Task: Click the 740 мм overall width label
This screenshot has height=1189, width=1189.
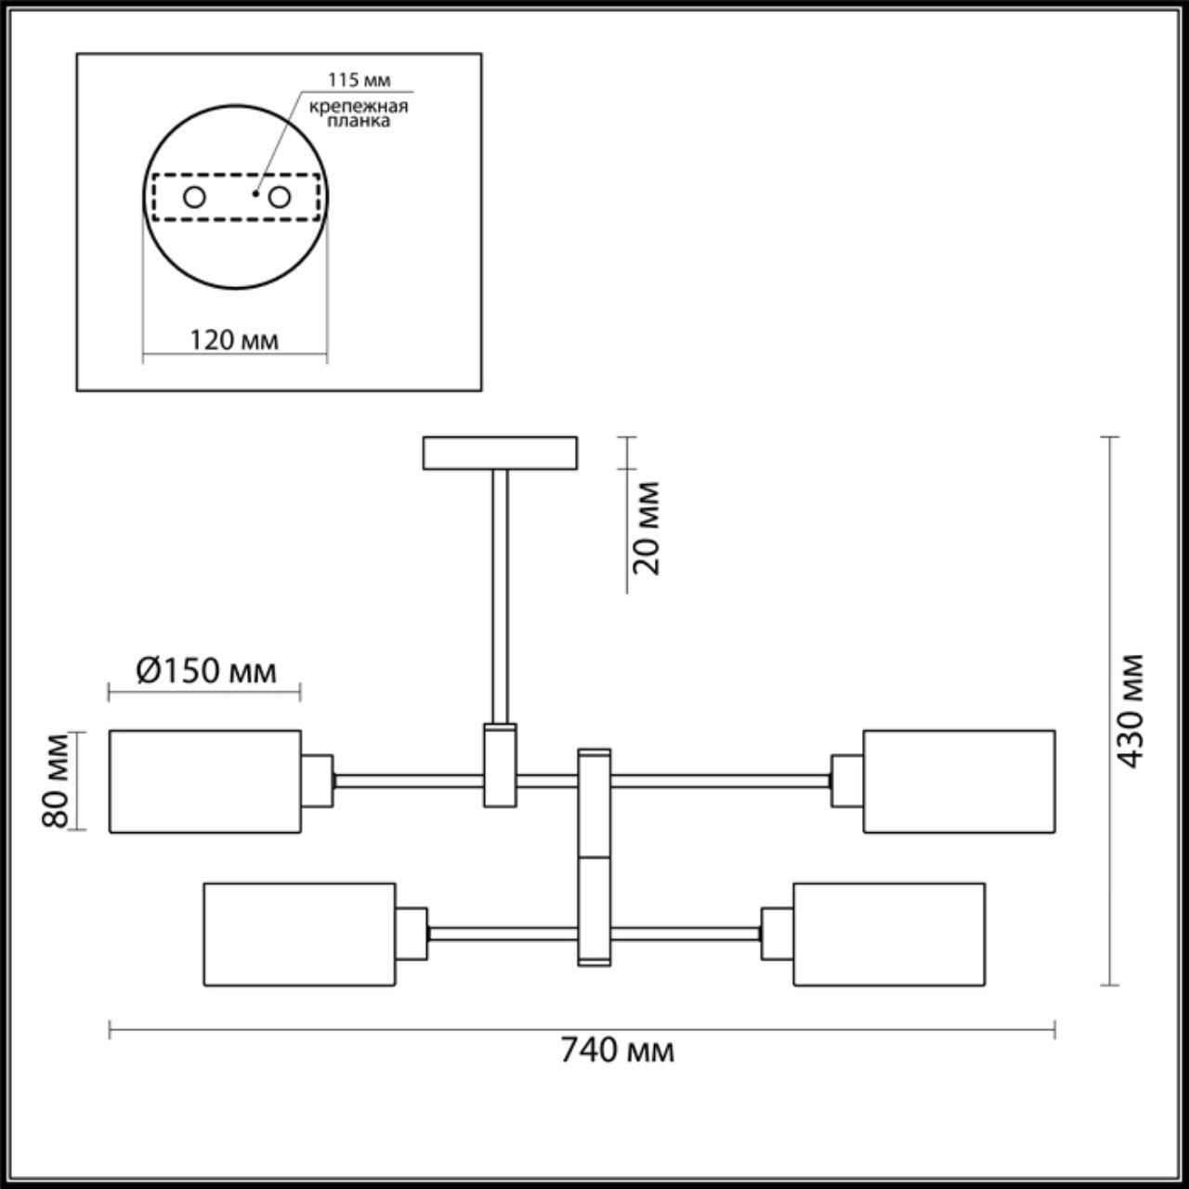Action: (x=616, y=1051)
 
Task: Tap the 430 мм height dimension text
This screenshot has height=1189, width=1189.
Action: (x=1130, y=711)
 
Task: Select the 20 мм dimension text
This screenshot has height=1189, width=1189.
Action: (x=647, y=527)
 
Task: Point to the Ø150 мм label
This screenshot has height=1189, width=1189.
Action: (x=206, y=671)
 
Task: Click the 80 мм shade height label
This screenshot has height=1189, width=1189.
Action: (x=57, y=780)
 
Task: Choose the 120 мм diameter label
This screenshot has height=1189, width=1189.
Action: (x=234, y=340)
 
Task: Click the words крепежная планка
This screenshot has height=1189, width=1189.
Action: (x=359, y=113)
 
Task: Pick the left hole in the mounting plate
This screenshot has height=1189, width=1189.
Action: (x=194, y=197)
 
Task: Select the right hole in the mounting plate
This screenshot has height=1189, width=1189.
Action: (x=279, y=197)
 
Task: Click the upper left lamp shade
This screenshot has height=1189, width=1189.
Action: (x=205, y=781)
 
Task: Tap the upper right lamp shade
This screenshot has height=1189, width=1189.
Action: (x=959, y=781)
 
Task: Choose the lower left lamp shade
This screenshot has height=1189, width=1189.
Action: (x=299, y=934)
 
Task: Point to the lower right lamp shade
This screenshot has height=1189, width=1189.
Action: (x=889, y=934)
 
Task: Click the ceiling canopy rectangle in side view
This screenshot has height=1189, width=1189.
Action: (x=500, y=453)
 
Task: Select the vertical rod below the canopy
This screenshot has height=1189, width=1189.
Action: (x=501, y=594)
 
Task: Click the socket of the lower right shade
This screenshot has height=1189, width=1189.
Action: (x=777, y=933)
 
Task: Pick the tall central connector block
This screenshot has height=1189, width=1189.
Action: (x=594, y=856)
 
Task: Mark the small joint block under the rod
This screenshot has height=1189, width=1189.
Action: (x=500, y=765)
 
